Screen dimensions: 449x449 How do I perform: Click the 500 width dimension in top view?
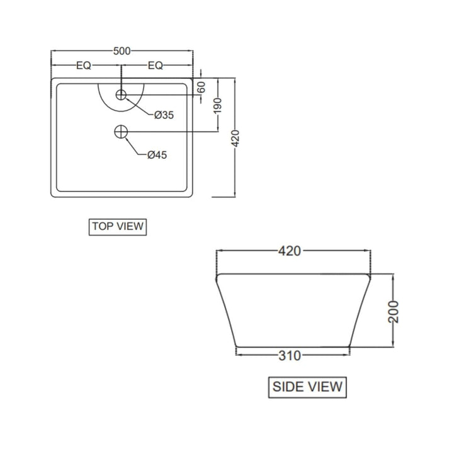[x=122, y=51]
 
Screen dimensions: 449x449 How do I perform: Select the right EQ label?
[x=155, y=65]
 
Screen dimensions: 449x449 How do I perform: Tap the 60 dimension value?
[x=202, y=87]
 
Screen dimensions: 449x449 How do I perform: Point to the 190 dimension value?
[x=217, y=105]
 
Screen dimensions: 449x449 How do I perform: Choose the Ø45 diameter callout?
[x=157, y=155]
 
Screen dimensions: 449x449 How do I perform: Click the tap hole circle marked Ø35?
[x=122, y=95]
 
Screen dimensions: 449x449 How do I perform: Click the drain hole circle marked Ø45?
[x=122, y=132]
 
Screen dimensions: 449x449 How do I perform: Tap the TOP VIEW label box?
[x=118, y=226]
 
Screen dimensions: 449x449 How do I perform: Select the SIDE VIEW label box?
[x=307, y=386]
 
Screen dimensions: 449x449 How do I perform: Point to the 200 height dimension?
[x=393, y=310]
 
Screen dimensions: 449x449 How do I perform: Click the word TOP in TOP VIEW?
[x=103, y=226]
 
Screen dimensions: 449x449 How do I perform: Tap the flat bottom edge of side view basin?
[x=293, y=346]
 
